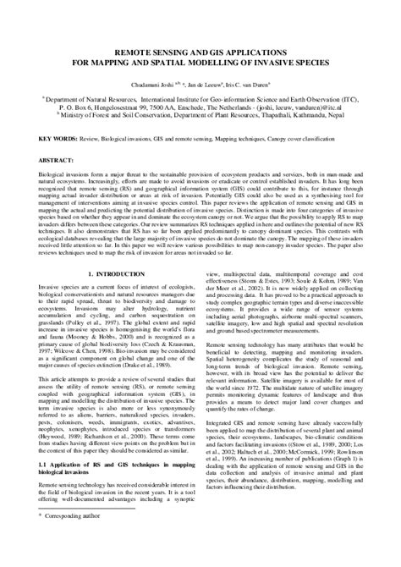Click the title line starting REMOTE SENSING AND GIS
200,50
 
